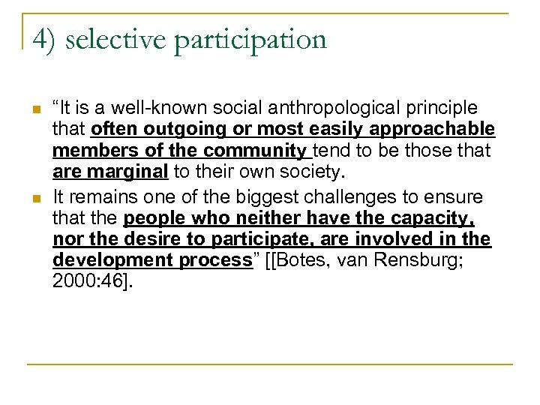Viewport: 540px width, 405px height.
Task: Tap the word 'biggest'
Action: point(278,196)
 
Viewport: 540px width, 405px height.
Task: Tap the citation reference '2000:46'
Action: point(83,282)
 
